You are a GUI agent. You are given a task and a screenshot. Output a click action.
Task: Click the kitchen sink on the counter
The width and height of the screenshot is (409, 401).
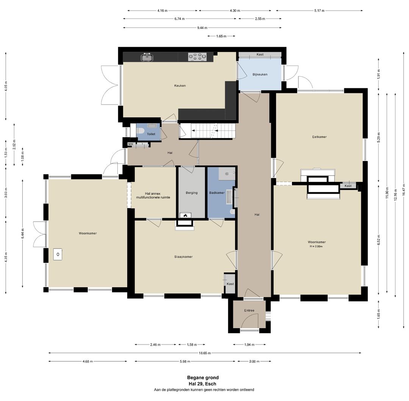147,57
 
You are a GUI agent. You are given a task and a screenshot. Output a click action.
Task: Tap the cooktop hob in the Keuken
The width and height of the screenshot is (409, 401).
197,57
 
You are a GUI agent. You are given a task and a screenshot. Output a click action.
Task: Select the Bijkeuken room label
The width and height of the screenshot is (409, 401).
260,74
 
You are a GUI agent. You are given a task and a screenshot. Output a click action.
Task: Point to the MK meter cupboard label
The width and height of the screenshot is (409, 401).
130,144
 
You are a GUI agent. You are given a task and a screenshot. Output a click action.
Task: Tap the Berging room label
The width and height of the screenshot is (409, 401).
192,193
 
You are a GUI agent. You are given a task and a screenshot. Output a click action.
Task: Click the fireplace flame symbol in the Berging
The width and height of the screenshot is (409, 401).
185,215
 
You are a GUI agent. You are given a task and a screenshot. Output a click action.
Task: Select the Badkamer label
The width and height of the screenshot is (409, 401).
217,193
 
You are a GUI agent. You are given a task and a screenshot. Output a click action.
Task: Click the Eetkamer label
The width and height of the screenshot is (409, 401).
320,137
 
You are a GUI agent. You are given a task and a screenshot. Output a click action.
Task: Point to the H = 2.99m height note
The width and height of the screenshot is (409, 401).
316,246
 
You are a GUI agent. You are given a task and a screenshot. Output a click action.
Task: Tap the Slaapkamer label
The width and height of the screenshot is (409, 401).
184,257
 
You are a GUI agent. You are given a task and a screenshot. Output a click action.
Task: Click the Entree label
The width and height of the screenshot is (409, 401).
249,310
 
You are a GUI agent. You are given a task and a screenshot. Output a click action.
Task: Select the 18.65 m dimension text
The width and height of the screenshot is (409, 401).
205,353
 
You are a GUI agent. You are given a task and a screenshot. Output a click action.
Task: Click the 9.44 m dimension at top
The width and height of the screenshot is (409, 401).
202,28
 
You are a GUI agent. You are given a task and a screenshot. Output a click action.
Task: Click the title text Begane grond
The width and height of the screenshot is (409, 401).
203,378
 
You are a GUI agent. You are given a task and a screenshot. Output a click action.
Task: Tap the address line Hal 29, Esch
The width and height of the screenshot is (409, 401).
203,384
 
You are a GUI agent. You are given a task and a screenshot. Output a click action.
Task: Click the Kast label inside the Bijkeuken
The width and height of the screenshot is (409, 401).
260,55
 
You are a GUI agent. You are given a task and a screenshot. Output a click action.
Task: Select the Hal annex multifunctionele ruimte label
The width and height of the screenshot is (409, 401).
153,196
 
